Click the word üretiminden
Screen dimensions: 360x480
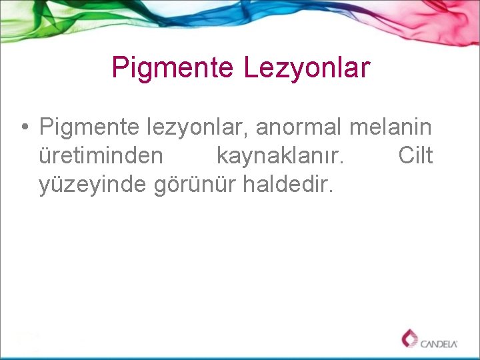[100, 156]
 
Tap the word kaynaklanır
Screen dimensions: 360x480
[281, 156]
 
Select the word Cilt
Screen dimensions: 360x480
[415, 155]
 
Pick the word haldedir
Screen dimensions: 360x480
[287, 185]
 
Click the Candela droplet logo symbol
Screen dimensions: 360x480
[409, 339]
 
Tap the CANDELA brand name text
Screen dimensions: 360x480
[439, 344]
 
